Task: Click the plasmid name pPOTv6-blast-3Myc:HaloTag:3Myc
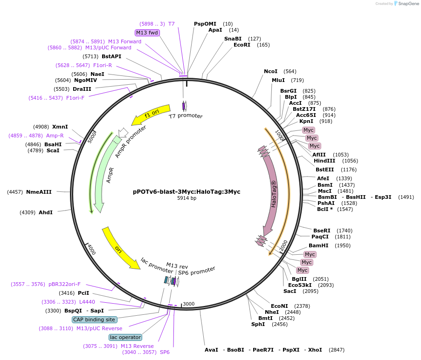tap(186, 191)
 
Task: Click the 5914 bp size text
tap(186, 198)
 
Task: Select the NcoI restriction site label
tap(270, 71)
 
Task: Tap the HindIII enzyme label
tap(324, 161)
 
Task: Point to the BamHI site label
tap(318, 245)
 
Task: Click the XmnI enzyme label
tap(60, 127)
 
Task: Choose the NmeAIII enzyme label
tap(39, 192)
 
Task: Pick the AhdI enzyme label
tap(46, 212)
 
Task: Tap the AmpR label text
tap(110, 175)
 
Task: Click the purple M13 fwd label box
tap(147, 33)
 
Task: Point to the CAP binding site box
tap(94, 319)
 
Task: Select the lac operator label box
tap(125, 337)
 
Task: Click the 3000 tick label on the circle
tap(188, 304)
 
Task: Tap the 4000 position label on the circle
tap(91, 250)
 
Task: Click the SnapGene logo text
tap(408, 4)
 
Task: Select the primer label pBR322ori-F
tap(64, 284)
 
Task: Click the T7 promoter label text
tap(186, 116)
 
